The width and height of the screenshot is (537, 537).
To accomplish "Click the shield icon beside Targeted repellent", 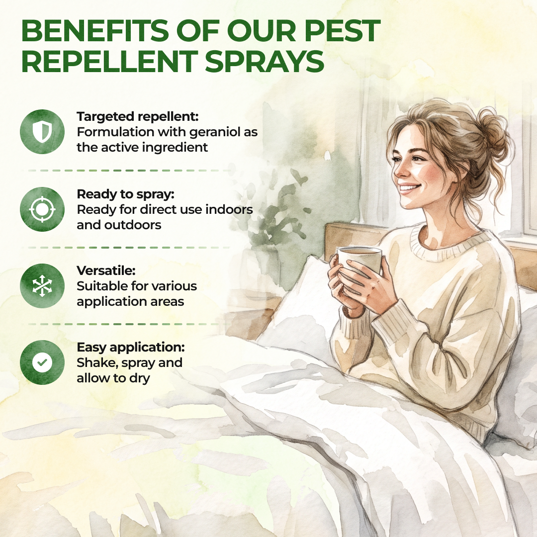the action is (x=42, y=132).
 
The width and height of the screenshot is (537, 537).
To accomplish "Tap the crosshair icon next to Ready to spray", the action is (x=42, y=209).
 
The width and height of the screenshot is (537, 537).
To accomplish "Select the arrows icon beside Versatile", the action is (x=42, y=285).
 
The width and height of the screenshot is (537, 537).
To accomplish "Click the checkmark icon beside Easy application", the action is (x=42, y=362).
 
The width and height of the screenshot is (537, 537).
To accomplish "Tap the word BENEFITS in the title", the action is (x=95, y=30).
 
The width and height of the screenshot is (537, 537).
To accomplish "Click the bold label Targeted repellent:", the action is (x=138, y=116).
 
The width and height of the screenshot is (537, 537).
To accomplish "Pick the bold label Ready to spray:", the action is (x=126, y=194).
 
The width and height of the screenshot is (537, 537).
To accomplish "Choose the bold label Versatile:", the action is (x=106, y=270).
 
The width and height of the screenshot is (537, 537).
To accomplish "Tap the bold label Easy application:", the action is (x=131, y=347).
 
